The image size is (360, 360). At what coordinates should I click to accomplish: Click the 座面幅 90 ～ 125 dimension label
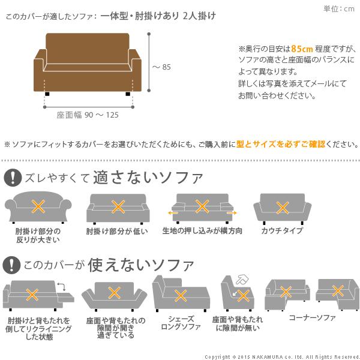pyautogui.click(x=88, y=115)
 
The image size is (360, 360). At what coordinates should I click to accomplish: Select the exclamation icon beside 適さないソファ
pyautogui.click(x=11, y=178)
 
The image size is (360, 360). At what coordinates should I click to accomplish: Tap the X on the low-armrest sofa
pyautogui.click(x=118, y=208)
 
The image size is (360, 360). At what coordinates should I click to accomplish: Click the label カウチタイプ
pyautogui.click(x=282, y=231)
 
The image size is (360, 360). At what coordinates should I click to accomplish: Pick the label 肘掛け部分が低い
pyautogui.click(x=118, y=231)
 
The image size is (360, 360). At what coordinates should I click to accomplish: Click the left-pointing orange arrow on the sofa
pyautogui.click(x=173, y=212)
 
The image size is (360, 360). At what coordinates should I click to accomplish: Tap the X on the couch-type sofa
pyautogui.click(x=282, y=208)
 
